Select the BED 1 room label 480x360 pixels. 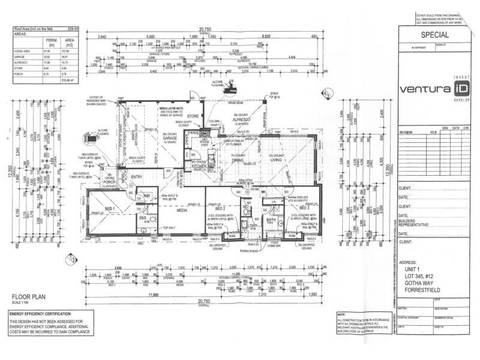point(110,208)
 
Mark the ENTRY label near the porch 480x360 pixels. point(136,176)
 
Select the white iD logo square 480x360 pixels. point(461,89)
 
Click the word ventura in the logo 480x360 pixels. point(425,90)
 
